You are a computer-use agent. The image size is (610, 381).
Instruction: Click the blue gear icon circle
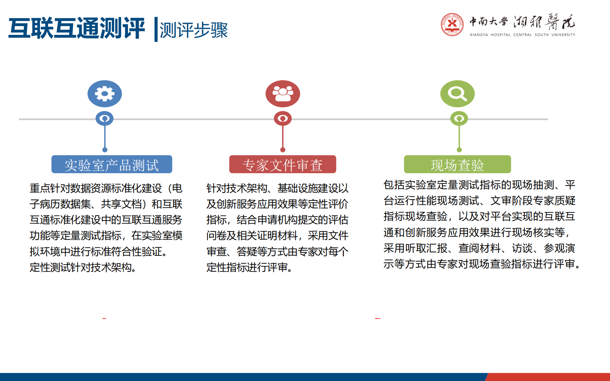105,94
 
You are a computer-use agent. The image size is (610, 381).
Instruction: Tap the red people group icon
283,94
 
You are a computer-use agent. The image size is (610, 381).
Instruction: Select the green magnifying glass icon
457,94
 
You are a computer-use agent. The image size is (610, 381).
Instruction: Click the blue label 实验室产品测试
111,165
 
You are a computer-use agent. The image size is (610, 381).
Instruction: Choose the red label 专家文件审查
283,165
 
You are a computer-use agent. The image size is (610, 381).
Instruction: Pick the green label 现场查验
457,165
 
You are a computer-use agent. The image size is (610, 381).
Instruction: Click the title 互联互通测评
76,28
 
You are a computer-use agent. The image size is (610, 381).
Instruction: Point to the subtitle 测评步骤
194,30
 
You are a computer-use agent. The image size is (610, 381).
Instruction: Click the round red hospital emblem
452,24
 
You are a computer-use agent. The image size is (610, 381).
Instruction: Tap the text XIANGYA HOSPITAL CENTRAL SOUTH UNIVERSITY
522,35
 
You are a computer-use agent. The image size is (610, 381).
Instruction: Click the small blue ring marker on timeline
105,119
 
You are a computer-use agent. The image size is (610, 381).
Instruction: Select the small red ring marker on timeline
283,119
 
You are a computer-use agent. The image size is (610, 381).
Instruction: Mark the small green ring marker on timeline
459,119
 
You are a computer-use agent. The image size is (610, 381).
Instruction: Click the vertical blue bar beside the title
156,29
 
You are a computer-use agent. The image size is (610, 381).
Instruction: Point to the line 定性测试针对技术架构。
83,267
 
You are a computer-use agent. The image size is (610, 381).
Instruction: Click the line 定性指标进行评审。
249,267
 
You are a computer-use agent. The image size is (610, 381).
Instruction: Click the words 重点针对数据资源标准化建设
96,188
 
